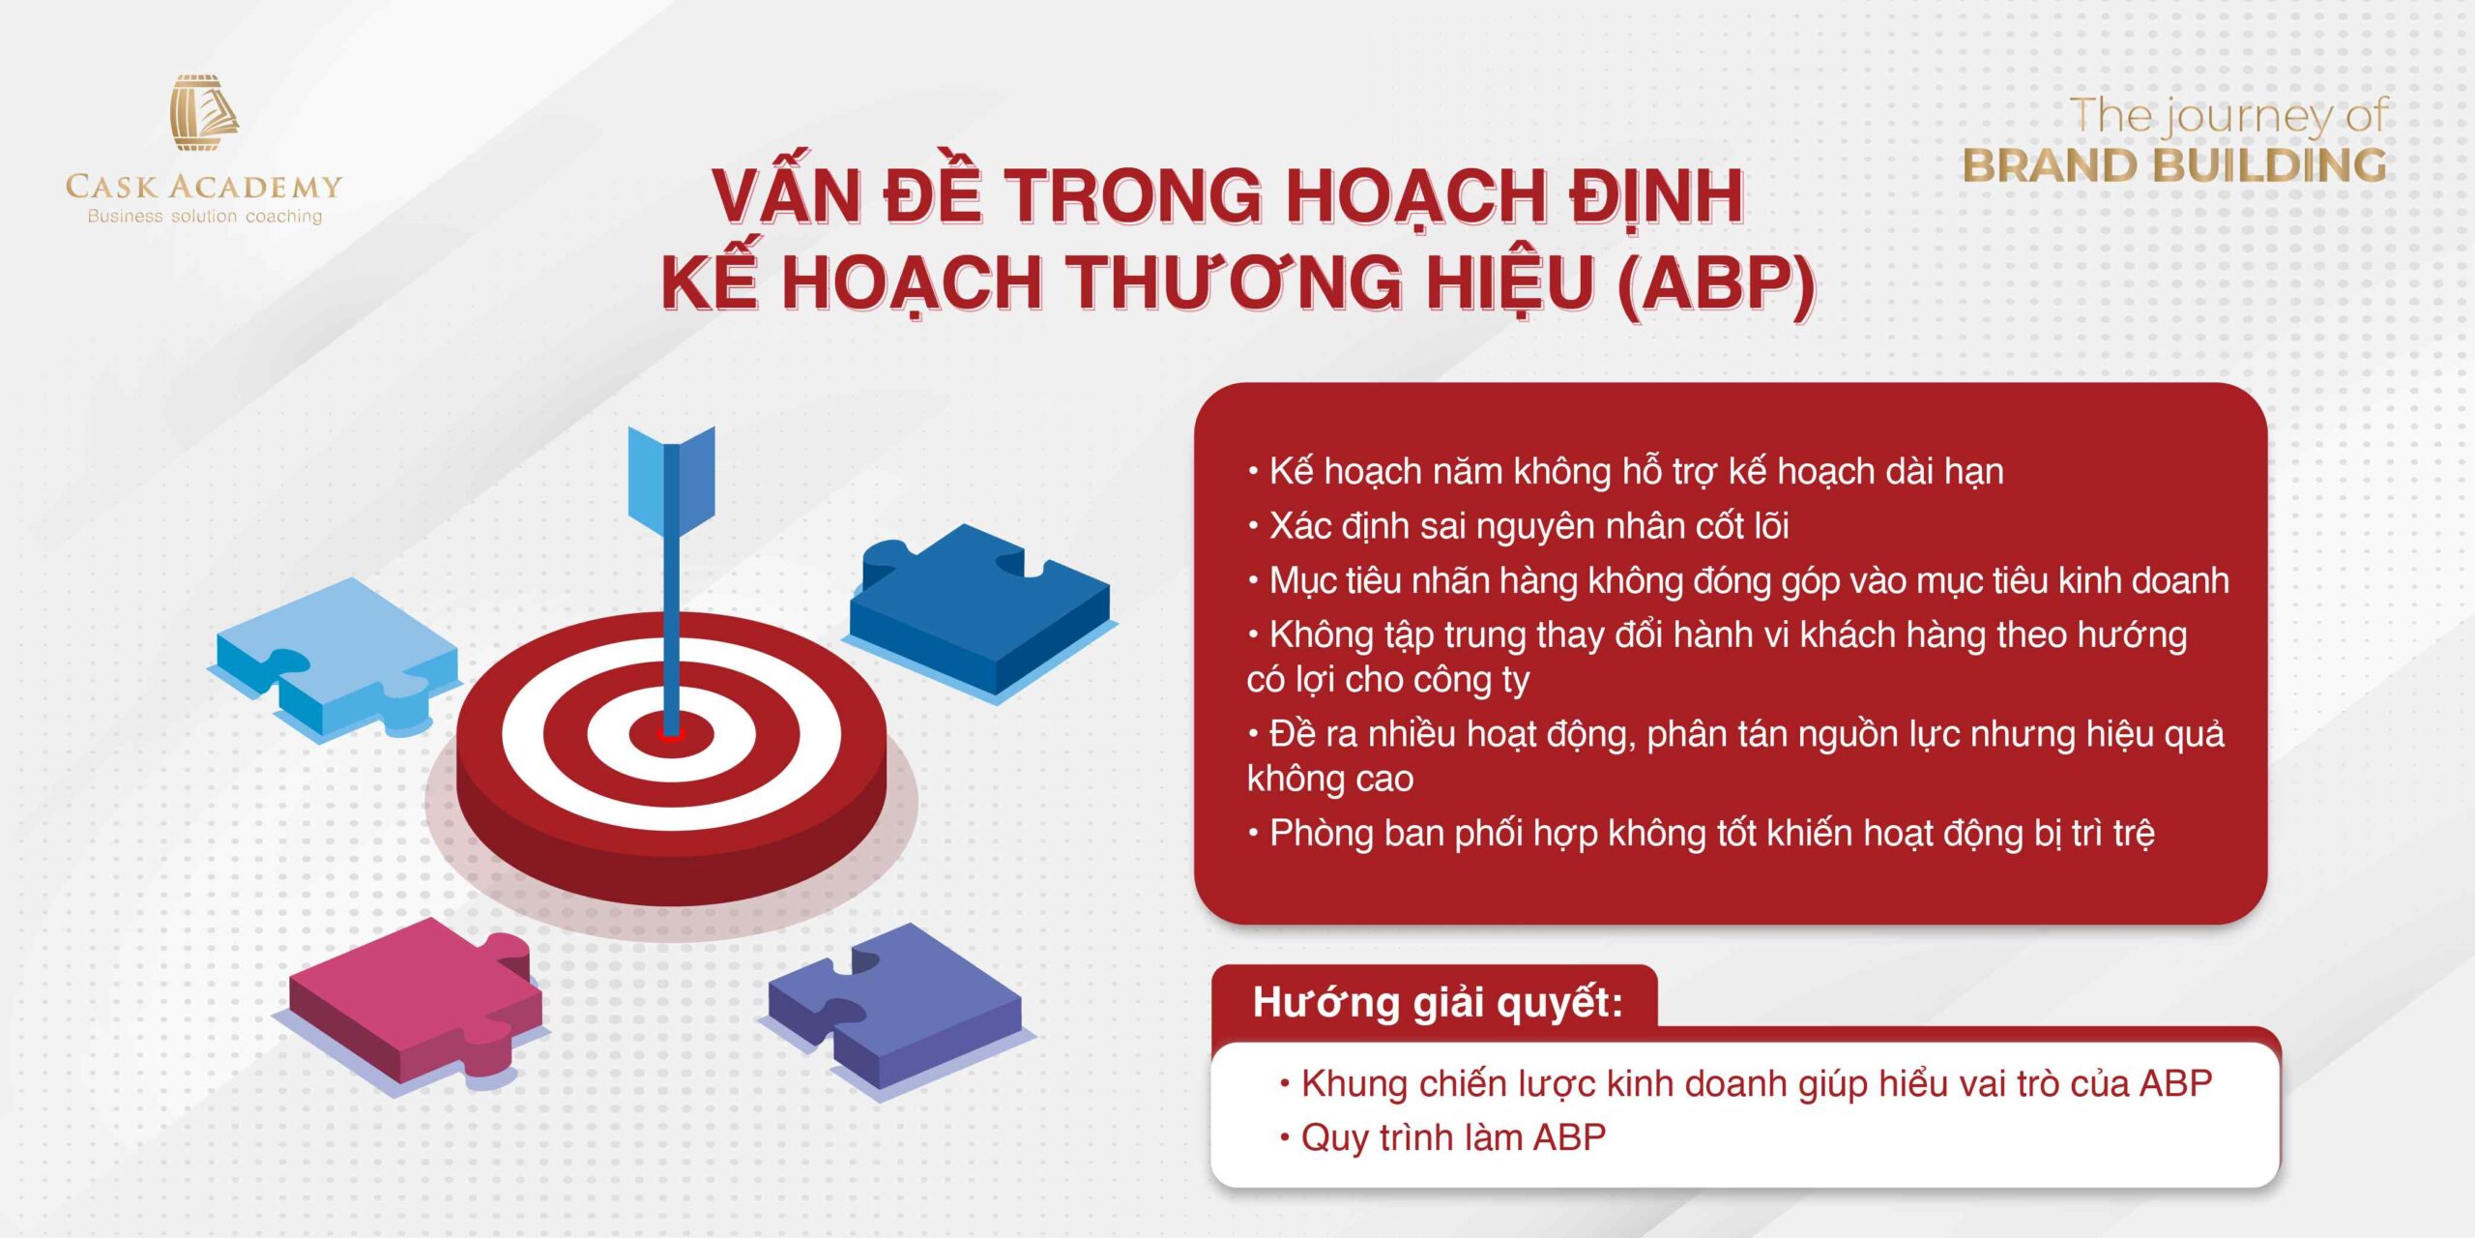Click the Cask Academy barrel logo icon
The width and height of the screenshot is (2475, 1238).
[x=204, y=112]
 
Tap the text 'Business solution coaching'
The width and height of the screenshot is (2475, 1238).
[x=205, y=217]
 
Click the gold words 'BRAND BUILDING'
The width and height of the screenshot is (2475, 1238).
[x=2174, y=165]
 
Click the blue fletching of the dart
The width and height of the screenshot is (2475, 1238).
[x=672, y=481]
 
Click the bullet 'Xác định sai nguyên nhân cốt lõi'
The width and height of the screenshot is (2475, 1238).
[x=1518, y=526]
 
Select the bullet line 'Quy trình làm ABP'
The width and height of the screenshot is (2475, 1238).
[x=1442, y=1137]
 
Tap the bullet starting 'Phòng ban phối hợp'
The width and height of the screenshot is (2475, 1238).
[x=1702, y=834]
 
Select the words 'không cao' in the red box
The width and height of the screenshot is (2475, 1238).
[x=1330, y=779]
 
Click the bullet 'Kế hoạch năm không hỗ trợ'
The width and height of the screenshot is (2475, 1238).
[x=1625, y=472]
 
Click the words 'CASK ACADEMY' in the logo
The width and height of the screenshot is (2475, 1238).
[x=204, y=186]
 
